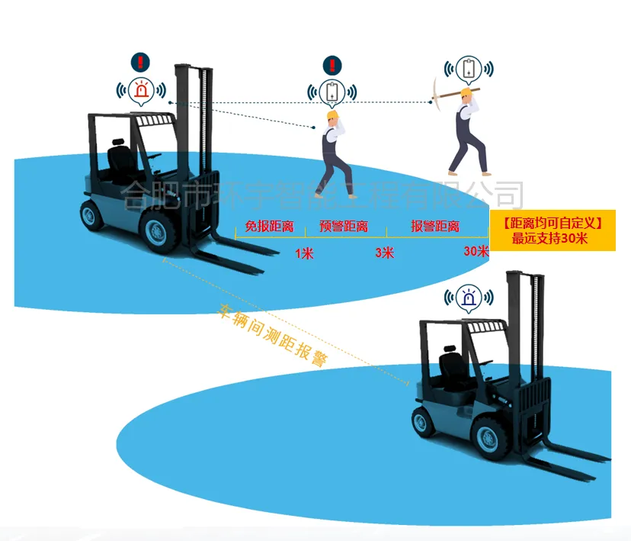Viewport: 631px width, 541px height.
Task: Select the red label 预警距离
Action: tap(344, 227)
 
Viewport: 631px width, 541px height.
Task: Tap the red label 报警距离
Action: tap(435, 227)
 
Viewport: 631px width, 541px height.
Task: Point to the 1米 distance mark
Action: tap(304, 253)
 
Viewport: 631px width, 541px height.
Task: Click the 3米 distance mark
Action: tap(384, 253)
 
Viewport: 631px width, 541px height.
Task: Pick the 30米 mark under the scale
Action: tap(476, 251)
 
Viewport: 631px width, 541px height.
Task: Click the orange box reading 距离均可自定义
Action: tap(553, 230)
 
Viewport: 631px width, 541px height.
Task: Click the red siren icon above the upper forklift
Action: tap(140, 90)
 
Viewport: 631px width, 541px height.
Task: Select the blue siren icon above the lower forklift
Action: tap(469, 298)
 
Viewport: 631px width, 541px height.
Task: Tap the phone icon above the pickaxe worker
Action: tap(469, 69)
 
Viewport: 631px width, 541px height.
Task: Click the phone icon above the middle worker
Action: tap(332, 92)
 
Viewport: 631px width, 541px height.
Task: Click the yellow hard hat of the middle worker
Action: tap(332, 115)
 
